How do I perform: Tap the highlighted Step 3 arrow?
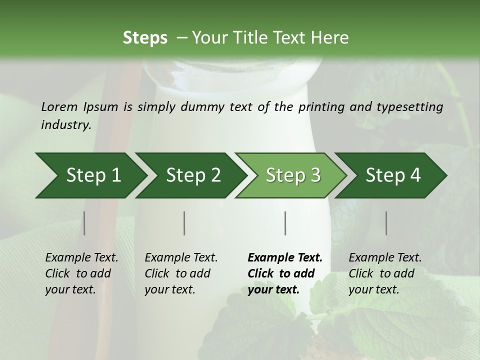coord(293,175)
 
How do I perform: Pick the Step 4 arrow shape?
coord(393,175)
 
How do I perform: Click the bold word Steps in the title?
coord(145,38)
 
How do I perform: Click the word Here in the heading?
coord(329,38)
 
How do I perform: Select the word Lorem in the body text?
coord(59,106)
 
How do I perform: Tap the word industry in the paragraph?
coord(65,125)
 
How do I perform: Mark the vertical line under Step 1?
coord(84,223)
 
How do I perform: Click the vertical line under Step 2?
coord(184,223)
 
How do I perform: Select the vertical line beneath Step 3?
coord(285,223)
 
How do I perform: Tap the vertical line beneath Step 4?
coord(386,223)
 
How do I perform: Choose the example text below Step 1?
coord(81,273)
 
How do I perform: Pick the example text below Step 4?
coord(385,273)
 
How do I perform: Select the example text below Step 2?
coord(181,273)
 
